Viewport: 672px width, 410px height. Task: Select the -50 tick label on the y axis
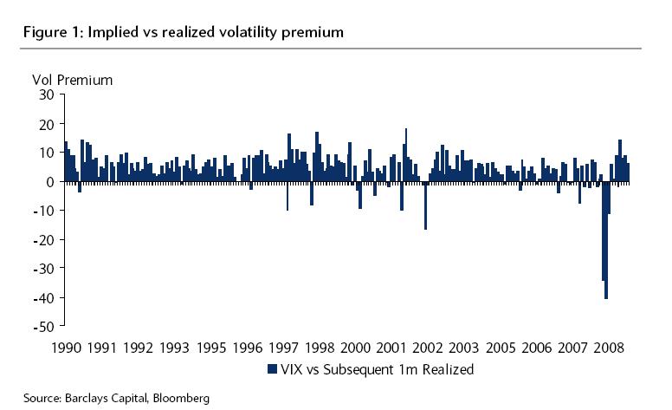pos(43,327)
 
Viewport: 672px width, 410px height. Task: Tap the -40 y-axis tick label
pos(43,298)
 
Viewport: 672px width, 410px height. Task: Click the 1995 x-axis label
pos(211,348)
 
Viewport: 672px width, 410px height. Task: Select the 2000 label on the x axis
pos(356,348)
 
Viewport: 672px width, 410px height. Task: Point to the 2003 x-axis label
pos(465,348)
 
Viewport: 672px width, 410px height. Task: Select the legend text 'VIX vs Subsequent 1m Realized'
pos(377,369)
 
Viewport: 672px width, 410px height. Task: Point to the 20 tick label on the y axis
pos(47,124)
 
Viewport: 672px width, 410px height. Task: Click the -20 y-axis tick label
pos(43,240)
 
